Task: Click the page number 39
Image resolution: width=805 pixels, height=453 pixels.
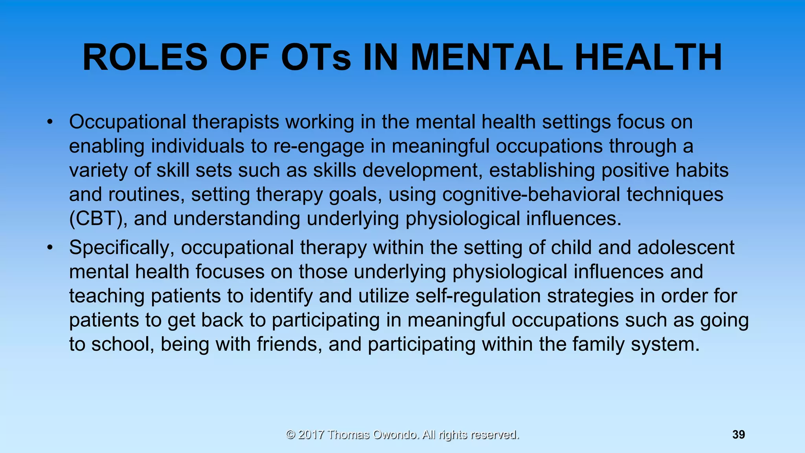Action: pos(739,435)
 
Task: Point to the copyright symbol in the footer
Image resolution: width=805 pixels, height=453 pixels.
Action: pos(290,435)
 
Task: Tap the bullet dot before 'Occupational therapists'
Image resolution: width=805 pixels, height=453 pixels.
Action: pos(49,122)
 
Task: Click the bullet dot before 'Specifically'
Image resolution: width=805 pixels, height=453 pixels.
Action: pos(49,248)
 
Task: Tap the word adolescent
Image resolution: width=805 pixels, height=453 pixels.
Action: pos(686,248)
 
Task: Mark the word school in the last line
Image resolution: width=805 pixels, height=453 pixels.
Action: pos(123,344)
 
